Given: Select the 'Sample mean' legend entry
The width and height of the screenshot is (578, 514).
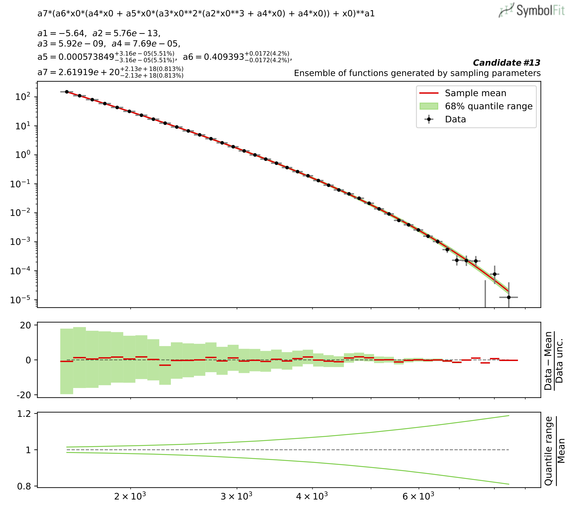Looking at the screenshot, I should [475, 93].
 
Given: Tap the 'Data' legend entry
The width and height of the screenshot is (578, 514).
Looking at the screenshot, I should [455, 119].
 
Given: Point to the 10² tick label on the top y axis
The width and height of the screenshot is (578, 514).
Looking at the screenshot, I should [23, 97].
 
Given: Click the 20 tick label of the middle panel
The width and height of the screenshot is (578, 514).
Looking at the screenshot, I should [25, 325].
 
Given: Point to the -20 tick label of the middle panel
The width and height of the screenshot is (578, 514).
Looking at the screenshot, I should [24, 395].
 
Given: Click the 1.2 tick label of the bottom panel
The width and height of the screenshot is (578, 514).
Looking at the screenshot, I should [24, 414].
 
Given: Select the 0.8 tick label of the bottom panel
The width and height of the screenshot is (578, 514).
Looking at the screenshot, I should [24, 487].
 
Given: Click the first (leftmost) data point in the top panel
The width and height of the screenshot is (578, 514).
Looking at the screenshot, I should [67, 92].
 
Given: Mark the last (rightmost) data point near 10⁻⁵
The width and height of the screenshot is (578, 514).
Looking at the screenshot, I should [509, 297].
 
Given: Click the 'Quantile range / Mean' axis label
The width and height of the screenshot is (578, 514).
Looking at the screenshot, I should [554, 451].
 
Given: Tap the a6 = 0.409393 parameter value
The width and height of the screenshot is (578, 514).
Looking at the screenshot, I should [223, 57].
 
